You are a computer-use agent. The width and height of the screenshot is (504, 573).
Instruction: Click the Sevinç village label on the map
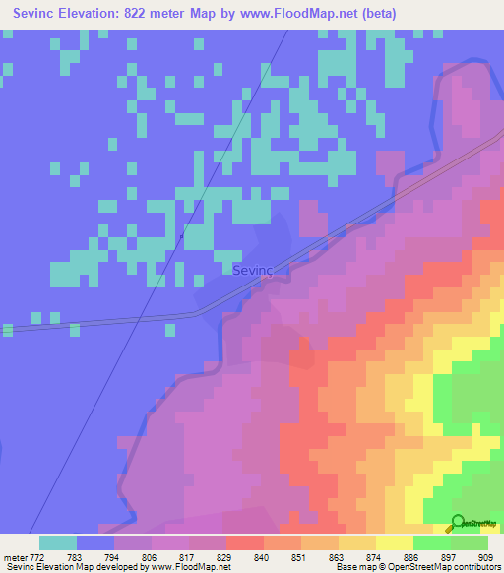click(x=252, y=269)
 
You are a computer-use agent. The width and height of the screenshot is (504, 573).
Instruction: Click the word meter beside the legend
click(x=14, y=556)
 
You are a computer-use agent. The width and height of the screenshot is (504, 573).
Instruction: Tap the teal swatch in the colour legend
click(x=58, y=542)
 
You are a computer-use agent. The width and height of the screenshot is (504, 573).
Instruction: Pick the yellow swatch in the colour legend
click(x=395, y=542)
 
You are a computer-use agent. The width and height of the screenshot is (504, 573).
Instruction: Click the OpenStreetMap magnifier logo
click(x=459, y=523)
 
